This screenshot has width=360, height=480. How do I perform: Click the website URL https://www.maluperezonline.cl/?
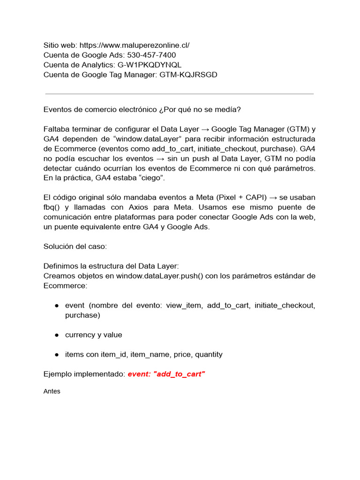(135, 45)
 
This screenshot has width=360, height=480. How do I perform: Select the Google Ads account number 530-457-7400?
(152, 55)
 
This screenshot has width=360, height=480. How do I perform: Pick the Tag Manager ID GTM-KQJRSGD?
(188, 75)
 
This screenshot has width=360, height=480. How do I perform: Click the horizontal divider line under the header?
(179, 94)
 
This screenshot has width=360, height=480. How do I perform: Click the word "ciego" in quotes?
(150, 178)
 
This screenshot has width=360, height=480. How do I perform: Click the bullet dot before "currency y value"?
(56, 335)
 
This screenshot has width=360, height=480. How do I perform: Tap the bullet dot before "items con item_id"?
(56, 354)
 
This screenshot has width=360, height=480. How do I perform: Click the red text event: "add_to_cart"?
(166, 374)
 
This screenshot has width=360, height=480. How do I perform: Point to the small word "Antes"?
(52, 391)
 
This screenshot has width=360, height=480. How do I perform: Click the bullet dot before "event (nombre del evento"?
(56, 306)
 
